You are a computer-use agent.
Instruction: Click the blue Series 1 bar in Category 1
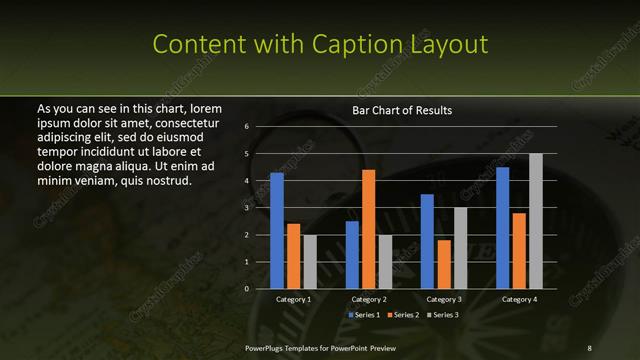coord(276,231)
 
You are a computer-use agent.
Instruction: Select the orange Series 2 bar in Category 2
coord(368,229)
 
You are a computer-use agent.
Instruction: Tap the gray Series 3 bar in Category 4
coord(536,221)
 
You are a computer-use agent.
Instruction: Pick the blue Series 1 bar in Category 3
coord(427,241)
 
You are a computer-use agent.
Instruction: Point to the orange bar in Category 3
coord(443,264)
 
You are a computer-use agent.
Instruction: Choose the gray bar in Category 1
coord(310,261)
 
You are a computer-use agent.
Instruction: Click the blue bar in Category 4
coord(502,228)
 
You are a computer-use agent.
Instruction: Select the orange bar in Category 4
coord(519,250)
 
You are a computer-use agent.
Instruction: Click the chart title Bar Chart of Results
coord(402,110)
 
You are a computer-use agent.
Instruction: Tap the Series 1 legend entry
coord(365,315)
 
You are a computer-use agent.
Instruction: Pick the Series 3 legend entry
coord(444,315)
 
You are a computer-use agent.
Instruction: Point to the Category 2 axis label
coord(369,299)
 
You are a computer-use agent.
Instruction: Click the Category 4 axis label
coord(519,299)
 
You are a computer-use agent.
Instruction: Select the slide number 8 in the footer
coord(589,347)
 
